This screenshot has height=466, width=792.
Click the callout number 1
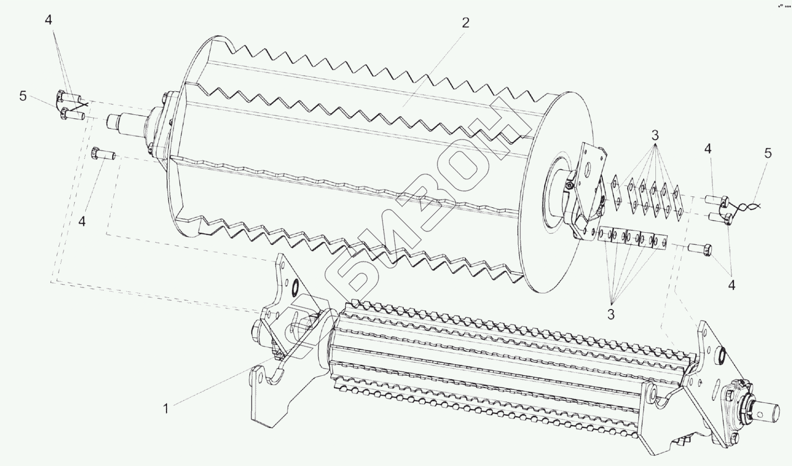(x=165, y=409)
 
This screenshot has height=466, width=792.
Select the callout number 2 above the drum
(x=465, y=23)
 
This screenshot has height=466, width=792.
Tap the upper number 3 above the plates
(x=654, y=135)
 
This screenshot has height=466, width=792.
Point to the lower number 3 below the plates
(x=611, y=314)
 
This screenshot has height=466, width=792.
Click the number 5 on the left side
(x=23, y=96)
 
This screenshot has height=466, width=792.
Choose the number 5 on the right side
(x=768, y=154)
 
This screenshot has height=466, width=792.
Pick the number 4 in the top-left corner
(x=49, y=20)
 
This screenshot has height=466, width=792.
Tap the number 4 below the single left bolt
(x=82, y=222)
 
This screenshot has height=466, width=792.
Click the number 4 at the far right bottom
(x=732, y=285)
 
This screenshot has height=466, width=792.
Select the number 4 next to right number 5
(x=708, y=149)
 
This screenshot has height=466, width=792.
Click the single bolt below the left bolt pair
(x=102, y=154)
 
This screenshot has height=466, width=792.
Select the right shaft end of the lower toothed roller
(x=769, y=411)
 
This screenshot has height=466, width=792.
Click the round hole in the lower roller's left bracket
(x=295, y=286)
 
